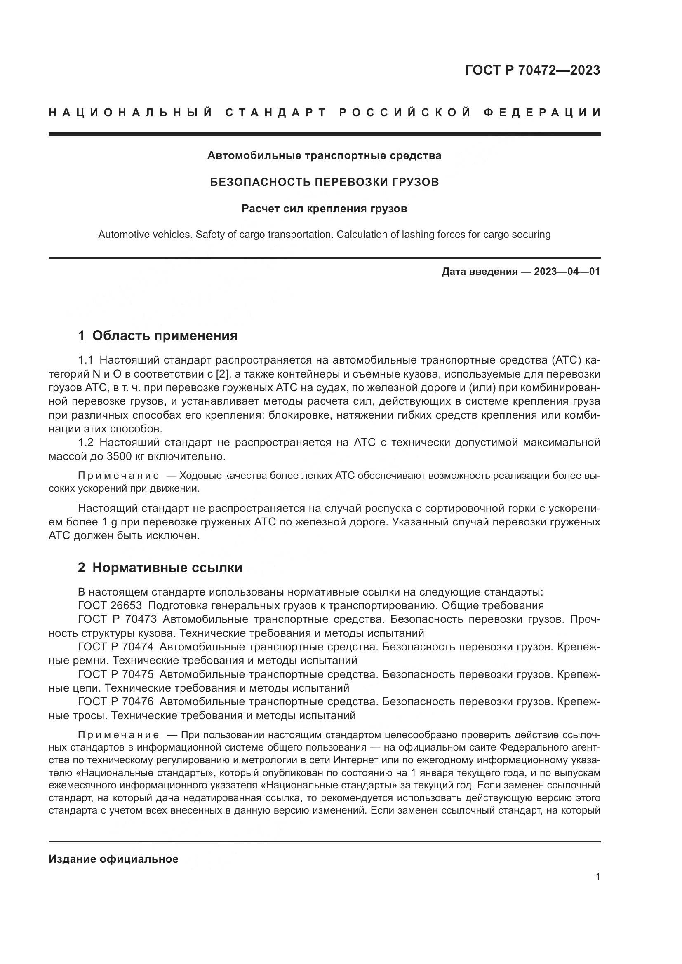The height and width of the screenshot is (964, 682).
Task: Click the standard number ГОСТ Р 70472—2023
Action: click(532, 70)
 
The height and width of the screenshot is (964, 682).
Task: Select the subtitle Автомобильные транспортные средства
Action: click(324, 156)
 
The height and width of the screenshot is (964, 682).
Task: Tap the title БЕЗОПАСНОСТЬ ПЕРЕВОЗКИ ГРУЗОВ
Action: click(324, 182)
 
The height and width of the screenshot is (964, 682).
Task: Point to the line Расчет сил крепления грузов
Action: click(324, 209)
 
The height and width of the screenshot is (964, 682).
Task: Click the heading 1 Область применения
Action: click(158, 335)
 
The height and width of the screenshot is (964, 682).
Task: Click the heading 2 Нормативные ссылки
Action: click(160, 568)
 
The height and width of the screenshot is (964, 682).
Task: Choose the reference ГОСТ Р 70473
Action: click(117, 619)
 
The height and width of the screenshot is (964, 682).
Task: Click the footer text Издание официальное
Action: click(113, 859)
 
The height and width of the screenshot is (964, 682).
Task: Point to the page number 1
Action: click(597, 877)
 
